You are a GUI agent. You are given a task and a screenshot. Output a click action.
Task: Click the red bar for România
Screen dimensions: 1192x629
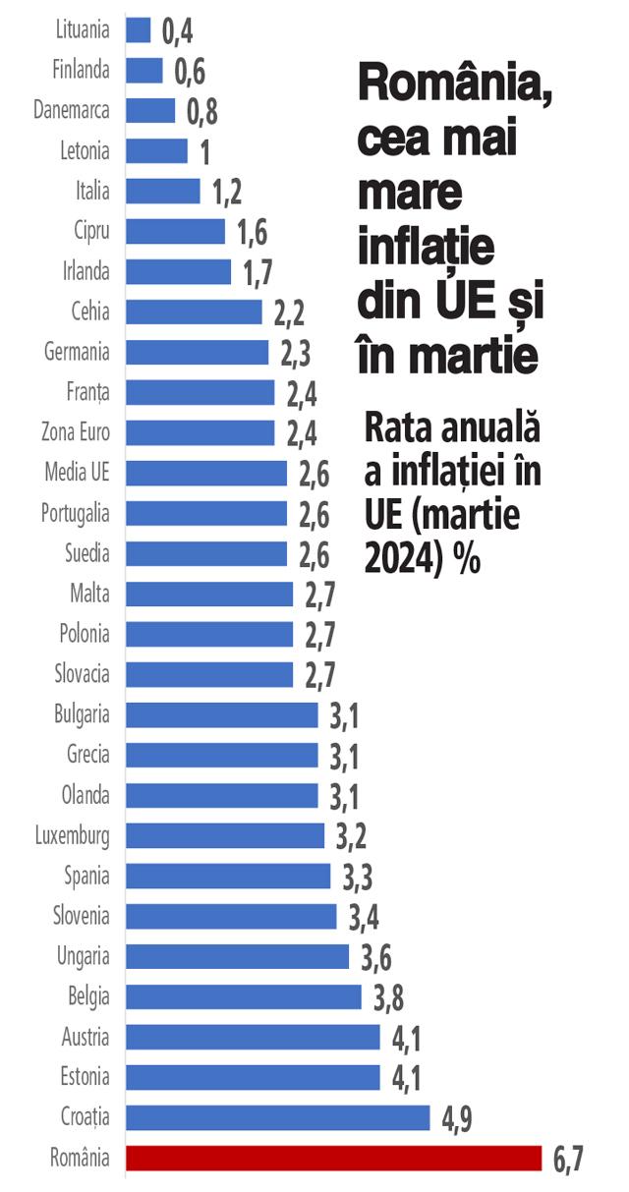click(333, 1158)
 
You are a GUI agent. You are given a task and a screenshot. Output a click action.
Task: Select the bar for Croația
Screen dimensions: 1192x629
click(277, 1117)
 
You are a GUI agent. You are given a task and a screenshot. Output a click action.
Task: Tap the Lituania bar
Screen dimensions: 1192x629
click(139, 30)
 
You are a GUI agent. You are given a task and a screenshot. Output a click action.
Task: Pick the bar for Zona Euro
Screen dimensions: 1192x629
click(200, 432)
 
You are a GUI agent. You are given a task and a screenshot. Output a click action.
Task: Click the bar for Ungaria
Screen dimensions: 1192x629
click(237, 956)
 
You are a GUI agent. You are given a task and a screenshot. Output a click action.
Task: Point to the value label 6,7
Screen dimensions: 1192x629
click(568, 1160)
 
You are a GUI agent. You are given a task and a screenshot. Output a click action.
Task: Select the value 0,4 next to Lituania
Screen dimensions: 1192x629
click(177, 31)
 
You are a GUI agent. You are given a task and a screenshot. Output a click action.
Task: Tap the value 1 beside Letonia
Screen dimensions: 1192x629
click(205, 152)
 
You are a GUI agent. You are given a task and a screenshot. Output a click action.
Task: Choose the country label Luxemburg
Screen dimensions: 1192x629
click(72, 835)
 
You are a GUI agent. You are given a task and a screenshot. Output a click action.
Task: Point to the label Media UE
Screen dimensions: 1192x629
click(77, 473)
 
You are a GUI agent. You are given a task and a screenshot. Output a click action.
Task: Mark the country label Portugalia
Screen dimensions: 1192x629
click(75, 513)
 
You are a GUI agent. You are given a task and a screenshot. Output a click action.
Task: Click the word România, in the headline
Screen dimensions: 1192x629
click(455, 85)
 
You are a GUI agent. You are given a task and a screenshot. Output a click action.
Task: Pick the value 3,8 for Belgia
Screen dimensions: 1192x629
click(388, 997)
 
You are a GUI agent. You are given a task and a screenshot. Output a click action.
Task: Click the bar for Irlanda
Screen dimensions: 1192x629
click(178, 271)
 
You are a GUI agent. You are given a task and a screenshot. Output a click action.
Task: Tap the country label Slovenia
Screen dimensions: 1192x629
click(81, 916)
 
